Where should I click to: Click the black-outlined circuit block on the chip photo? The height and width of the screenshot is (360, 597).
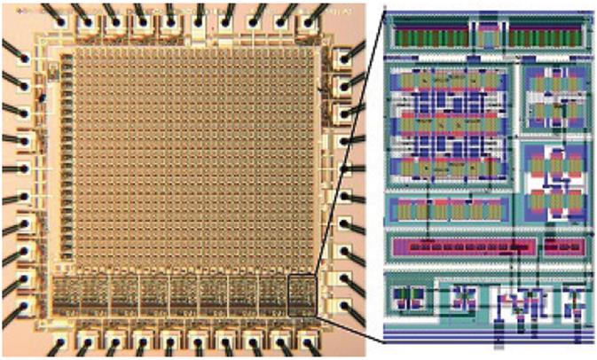[x=301, y=293]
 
